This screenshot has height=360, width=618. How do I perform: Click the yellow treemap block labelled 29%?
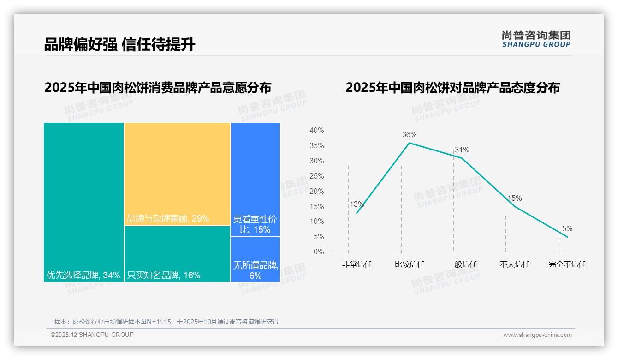pos(177,174)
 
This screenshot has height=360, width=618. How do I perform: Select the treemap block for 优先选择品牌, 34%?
pos(83,202)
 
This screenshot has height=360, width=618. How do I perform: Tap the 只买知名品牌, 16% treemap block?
pos(177,253)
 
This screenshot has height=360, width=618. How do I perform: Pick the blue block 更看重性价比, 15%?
pos(255,179)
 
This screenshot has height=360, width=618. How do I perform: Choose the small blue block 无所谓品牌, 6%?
pos(255,259)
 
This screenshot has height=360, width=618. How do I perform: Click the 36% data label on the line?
pos(409,135)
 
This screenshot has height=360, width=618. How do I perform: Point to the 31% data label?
pos(462,150)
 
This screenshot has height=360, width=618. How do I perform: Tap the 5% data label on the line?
pos(567,229)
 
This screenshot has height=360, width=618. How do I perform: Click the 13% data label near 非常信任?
pos(357,204)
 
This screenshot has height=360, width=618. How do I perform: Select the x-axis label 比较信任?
pos(409,264)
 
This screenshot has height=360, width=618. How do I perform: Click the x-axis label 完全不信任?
pos(567,264)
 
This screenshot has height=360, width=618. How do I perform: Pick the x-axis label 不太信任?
pos(514,264)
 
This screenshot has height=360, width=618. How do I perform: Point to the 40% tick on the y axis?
pos(316,131)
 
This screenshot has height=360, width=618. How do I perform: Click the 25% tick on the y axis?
pos(316,176)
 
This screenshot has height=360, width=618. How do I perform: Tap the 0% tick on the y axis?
pos(319,252)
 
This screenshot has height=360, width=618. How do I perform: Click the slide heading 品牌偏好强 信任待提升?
pos(119,44)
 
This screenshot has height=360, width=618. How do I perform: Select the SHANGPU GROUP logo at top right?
pos(536,39)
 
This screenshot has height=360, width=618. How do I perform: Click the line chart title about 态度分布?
pos(452,88)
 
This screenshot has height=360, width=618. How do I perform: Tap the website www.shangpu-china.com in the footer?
pos(537,335)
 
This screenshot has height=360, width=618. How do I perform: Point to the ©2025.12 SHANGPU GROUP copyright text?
pos(92,335)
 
